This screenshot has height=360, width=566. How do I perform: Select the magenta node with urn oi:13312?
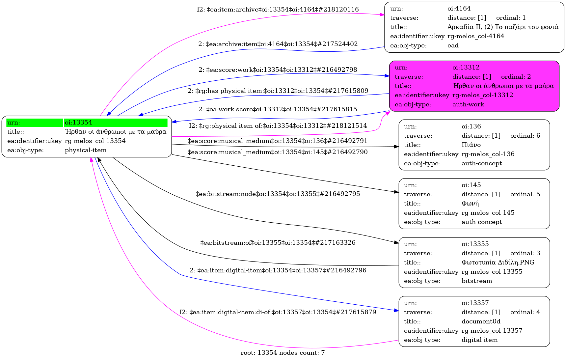(474, 86)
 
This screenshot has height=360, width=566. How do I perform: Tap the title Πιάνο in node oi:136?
(471, 145)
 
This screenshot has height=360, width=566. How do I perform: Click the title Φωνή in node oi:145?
(470, 204)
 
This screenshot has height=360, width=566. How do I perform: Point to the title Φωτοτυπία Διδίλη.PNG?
(498, 263)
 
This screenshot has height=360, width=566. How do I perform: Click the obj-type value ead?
(453, 45)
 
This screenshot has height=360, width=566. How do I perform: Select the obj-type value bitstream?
(476, 281)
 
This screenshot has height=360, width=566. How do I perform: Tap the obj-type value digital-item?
(479, 340)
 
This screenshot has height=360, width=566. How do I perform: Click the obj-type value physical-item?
(86, 150)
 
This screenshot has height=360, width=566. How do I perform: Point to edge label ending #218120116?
(278, 10)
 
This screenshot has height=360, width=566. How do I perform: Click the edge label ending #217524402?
(278, 44)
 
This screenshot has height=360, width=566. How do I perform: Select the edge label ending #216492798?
(278, 70)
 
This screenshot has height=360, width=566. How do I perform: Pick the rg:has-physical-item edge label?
(278, 91)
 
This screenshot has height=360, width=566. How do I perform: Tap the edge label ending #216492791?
(277, 141)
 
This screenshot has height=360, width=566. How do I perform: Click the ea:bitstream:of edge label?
(278, 243)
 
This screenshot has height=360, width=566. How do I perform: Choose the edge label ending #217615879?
(278, 312)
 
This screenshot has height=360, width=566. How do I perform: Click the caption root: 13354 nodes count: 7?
(283, 353)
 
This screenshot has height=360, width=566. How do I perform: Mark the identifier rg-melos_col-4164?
(475, 36)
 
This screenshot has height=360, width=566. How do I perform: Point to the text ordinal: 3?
(525, 253)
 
